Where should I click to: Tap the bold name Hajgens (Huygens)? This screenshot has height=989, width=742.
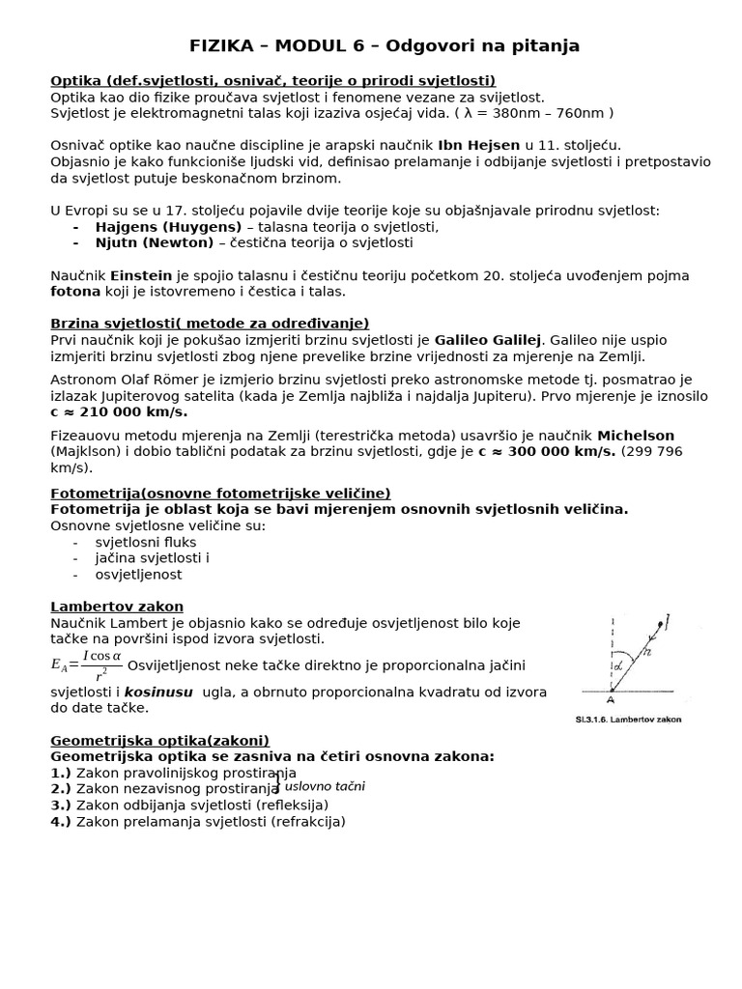[168, 227]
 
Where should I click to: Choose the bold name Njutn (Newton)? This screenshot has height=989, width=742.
[154, 242]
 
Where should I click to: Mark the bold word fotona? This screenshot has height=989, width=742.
[74, 291]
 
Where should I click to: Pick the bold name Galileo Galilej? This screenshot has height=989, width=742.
[489, 340]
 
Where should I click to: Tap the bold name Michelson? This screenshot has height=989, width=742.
[636, 436]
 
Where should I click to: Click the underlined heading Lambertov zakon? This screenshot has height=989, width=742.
[117, 607]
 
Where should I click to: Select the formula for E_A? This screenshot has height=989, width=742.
[87, 664]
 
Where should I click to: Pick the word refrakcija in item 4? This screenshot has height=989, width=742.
[307, 822]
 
